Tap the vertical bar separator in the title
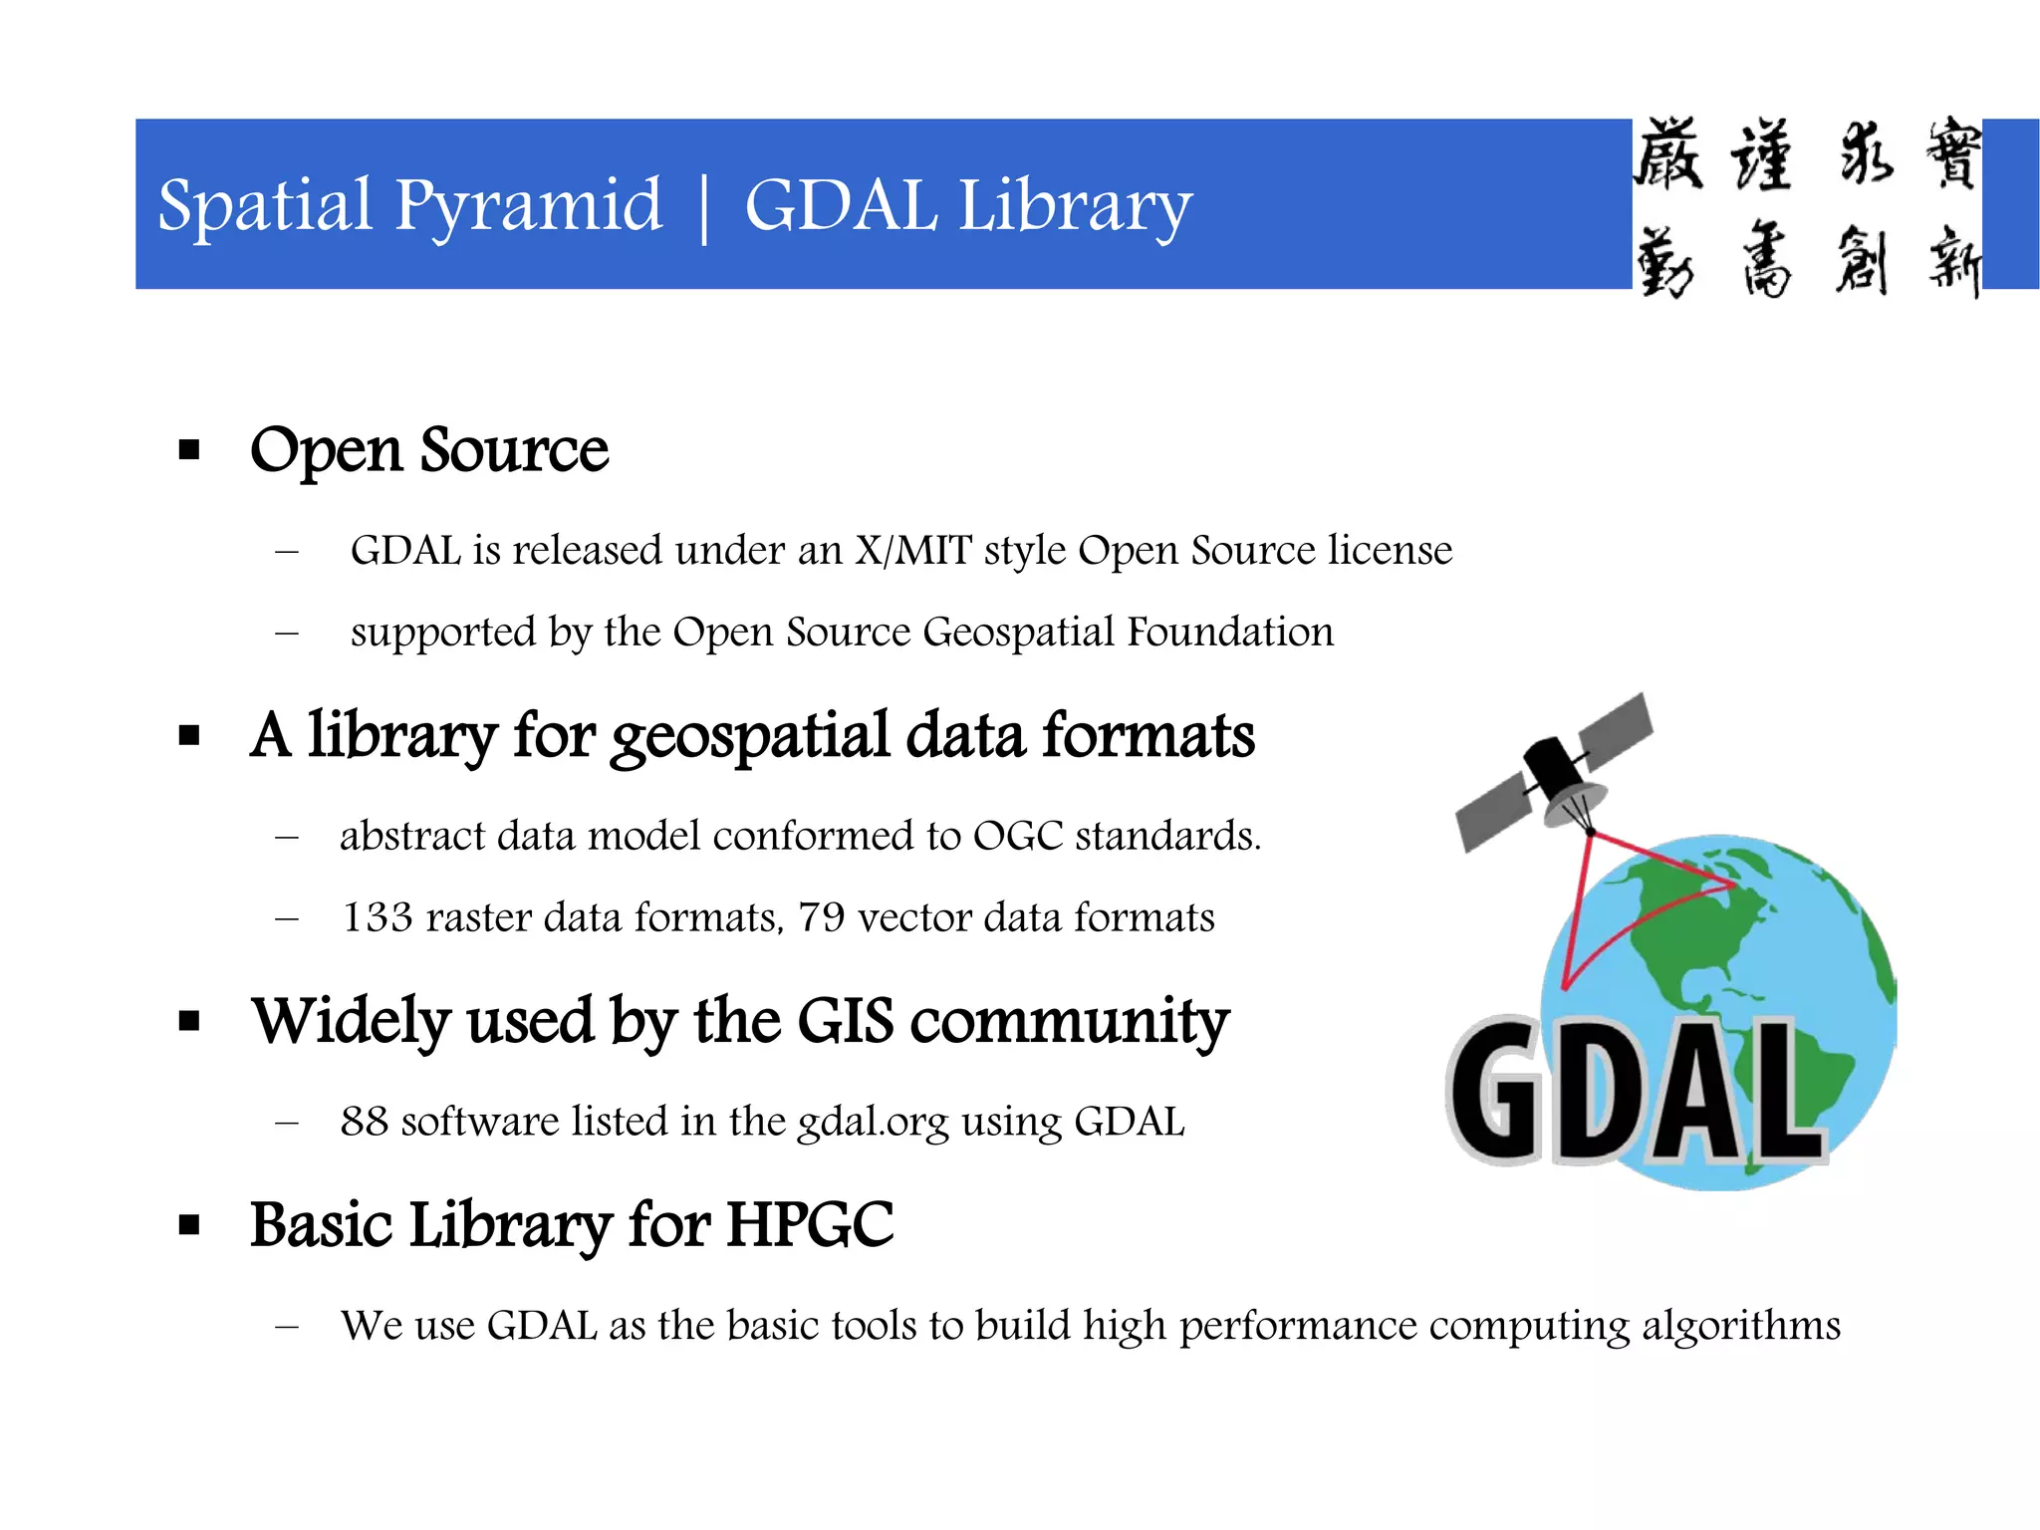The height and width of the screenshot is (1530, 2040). [704, 207]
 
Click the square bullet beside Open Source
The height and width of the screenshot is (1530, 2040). [189, 450]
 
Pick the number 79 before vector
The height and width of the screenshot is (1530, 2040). [821, 917]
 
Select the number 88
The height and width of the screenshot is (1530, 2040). [364, 1122]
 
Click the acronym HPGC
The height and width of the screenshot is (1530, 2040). [809, 1224]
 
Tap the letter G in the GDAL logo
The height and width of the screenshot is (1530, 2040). [1494, 1091]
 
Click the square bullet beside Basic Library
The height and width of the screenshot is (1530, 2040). [189, 1224]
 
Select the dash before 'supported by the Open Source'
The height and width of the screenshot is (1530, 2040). [287, 633]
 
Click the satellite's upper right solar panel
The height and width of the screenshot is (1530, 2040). [1615, 725]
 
